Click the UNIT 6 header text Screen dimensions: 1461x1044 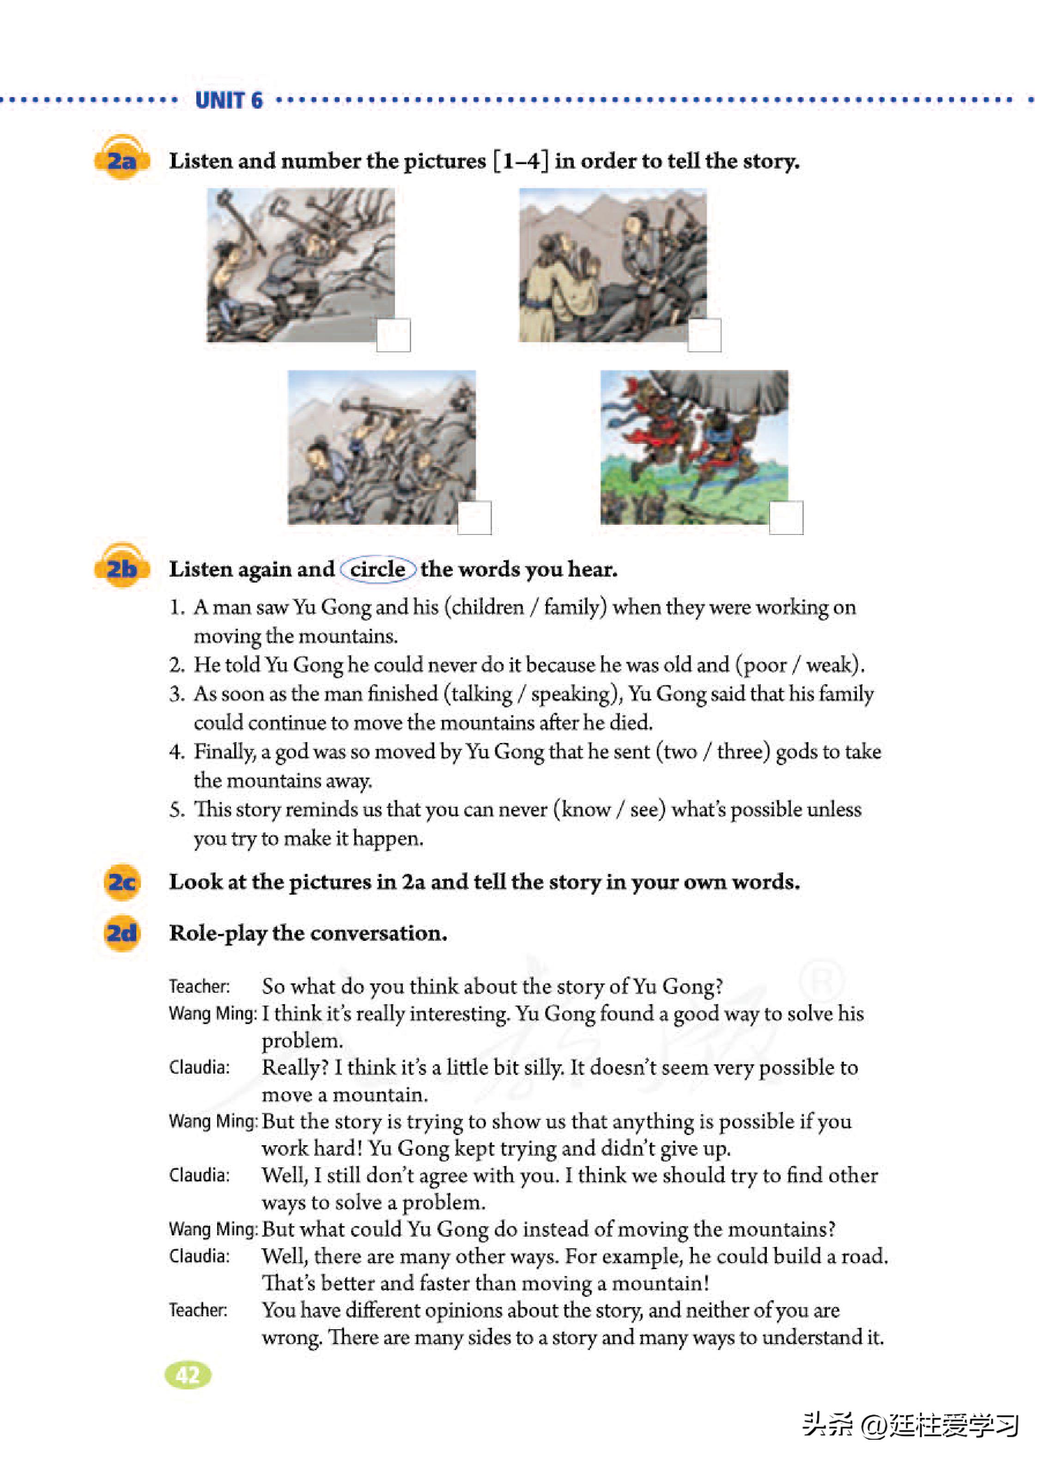tap(229, 100)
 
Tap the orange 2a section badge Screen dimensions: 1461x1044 tap(121, 159)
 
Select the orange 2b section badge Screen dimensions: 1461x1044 tap(121, 568)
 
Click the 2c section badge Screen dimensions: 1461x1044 tap(121, 881)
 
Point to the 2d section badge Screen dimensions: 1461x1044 tap(121, 933)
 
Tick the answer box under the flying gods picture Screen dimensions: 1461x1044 tap(786, 517)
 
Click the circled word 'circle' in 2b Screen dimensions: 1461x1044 tap(377, 569)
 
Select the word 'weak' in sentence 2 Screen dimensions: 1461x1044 tap(831, 664)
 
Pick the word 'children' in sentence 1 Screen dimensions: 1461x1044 tap(487, 607)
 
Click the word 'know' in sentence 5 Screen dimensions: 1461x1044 tap(586, 809)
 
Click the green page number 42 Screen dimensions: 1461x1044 tap(188, 1375)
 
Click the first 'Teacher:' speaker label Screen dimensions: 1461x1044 tap(199, 986)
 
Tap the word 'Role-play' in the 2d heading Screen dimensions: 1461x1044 tap(218, 933)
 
